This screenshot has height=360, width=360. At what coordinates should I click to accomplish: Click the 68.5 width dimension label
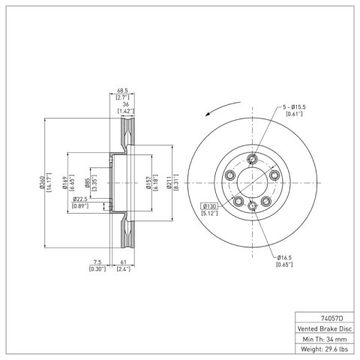(122, 91)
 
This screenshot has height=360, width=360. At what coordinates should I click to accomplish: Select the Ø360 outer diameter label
(42, 182)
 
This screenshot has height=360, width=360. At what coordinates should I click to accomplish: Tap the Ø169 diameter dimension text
(65, 183)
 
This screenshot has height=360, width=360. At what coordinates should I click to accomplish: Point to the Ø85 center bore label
(88, 183)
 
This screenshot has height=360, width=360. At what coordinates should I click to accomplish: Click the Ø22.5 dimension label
(80, 199)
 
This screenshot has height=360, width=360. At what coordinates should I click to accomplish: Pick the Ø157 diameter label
(149, 183)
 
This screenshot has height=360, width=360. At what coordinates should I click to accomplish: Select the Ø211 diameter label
(169, 183)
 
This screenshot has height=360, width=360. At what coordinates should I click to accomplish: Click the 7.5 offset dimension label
(97, 262)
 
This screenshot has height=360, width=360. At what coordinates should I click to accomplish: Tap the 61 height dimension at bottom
(124, 262)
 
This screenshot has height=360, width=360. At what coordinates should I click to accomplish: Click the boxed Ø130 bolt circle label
(209, 206)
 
